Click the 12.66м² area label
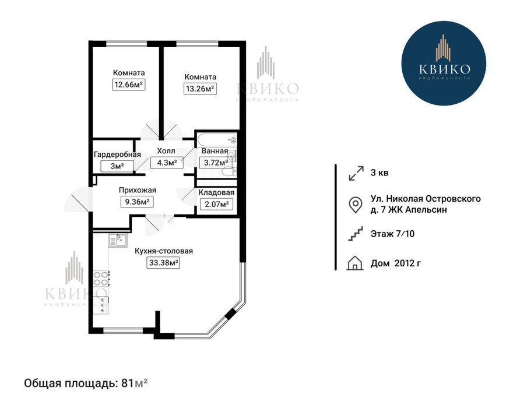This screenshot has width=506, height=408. coord(128,85)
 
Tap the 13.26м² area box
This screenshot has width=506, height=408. coord(200,89)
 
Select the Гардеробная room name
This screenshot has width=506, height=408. coord(117,154)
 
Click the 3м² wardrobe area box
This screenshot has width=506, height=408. coord(117,167)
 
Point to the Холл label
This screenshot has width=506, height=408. coord(166,151)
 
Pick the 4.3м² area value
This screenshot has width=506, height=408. coord(167,163)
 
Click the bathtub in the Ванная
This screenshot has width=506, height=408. coord(217,139)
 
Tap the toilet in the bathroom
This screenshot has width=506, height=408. coord(230,171)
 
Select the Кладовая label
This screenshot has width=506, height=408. coord(216,192)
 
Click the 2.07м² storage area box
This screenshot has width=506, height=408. coord(216,204)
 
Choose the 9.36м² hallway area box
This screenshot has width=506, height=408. coord(137,202)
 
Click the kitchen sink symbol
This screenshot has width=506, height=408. coord(118,240)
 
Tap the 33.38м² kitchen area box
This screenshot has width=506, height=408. coord(164,263)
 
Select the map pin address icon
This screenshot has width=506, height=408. coord(356,205)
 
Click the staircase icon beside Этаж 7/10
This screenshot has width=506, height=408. coord(355,234)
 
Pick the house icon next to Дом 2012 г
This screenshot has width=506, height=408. coord(355,263)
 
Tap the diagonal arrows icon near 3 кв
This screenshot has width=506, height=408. coord(356,173)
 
